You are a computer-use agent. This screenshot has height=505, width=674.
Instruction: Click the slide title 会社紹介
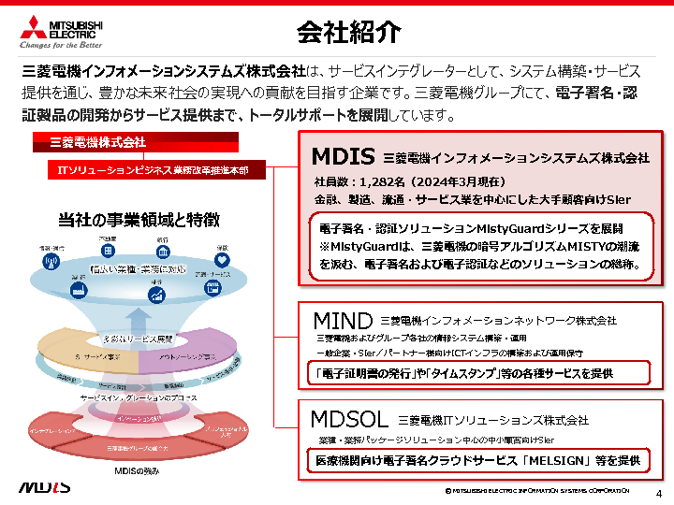[x=349, y=32]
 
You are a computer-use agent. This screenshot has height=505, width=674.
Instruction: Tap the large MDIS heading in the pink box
[x=343, y=156]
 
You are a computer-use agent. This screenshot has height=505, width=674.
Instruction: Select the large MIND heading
[x=342, y=321]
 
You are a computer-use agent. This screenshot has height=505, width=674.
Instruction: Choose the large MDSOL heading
[x=350, y=420]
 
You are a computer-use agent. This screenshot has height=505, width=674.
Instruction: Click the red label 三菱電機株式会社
[x=104, y=143]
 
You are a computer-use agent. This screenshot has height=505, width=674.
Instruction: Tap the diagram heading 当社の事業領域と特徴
[x=139, y=220]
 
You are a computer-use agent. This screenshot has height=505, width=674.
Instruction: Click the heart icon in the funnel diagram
[x=222, y=252]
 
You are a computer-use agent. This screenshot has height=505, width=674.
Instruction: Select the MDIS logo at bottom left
[x=44, y=487]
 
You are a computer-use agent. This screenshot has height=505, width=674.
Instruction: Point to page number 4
[x=659, y=493]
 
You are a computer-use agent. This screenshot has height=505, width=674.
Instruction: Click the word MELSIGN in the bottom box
[x=581, y=460]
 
